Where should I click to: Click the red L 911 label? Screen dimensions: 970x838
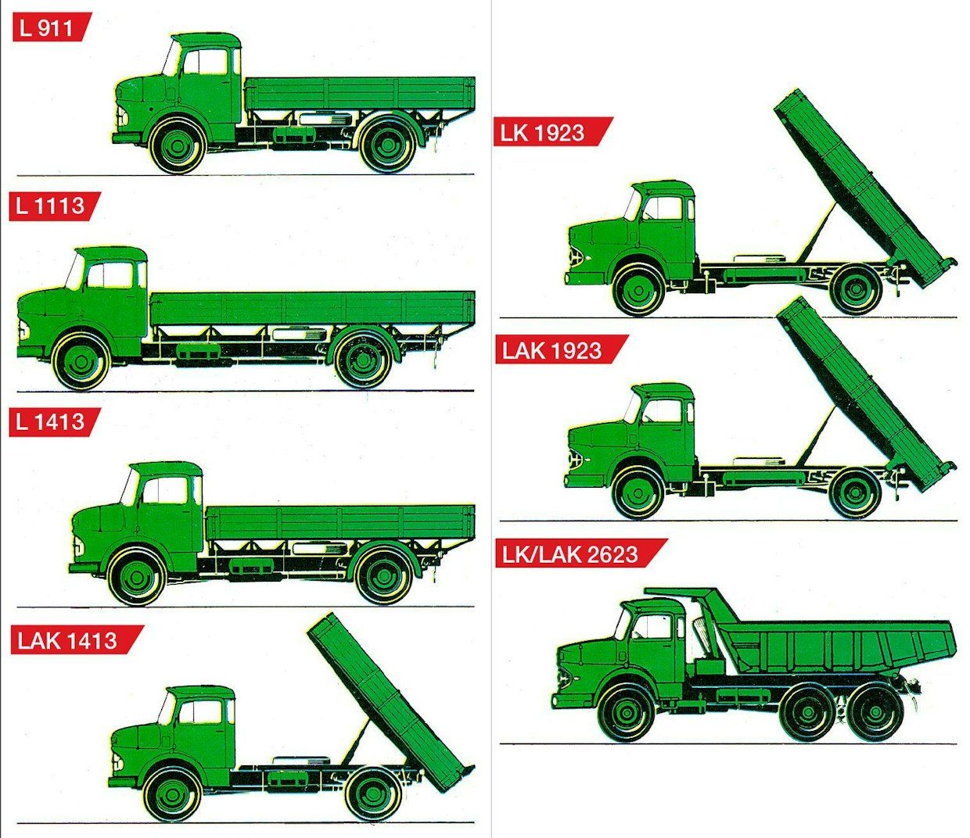click(x=52, y=27)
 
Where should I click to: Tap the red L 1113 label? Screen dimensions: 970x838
click(x=55, y=206)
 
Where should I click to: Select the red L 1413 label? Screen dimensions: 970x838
click(x=55, y=422)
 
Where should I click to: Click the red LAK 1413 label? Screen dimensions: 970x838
click(x=77, y=640)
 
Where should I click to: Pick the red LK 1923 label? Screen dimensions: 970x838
click(x=553, y=132)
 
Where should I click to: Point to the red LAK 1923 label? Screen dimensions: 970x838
click(x=562, y=349)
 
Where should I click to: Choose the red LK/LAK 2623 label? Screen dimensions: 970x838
click(x=581, y=553)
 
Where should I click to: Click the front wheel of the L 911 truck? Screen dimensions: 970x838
click(x=178, y=146)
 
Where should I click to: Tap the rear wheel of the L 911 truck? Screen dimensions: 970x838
click(x=388, y=145)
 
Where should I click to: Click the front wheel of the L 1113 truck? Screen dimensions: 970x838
click(x=81, y=362)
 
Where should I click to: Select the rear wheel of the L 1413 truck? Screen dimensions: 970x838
click(x=384, y=576)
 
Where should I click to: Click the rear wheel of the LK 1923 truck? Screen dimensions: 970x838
click(x=855, y=290)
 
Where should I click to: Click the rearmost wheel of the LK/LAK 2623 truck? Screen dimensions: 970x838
click(x=875, y=714)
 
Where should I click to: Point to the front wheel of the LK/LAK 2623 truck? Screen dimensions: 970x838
click(x=627, y=714)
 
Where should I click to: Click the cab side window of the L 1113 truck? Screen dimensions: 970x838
click(x=110, y=275)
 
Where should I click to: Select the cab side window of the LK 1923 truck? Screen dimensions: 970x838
click(x=663, y=208)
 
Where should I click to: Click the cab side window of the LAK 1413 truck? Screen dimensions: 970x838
click(x=200, y=712)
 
